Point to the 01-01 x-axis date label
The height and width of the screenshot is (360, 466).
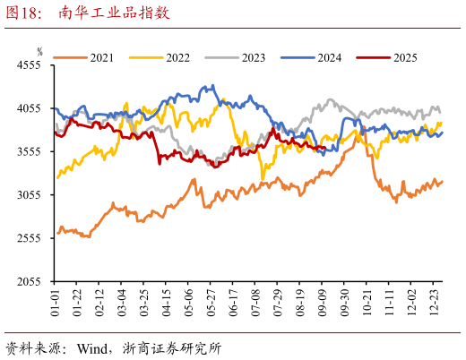[55, 302]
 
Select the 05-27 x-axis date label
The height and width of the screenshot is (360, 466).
[211, 302]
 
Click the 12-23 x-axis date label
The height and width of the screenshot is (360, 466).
[435, 302]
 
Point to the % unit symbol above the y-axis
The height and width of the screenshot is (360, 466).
[39, 52]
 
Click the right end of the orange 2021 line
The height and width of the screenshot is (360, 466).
[442, 181]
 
